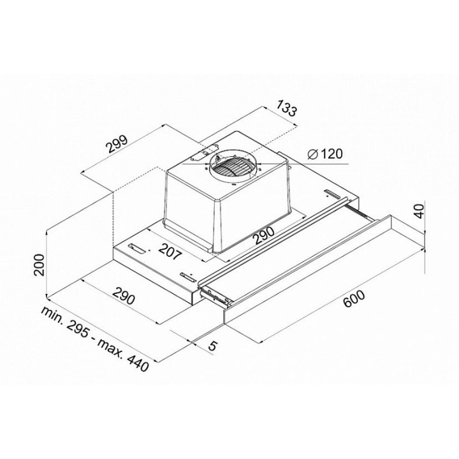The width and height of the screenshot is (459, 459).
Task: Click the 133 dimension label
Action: [287, 108]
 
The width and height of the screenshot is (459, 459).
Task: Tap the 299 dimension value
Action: [117, 143]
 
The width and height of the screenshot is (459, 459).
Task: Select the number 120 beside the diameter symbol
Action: [331, 154]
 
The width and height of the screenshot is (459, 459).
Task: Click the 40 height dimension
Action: [419, 211]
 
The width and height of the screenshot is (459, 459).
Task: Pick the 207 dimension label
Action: [170, 251]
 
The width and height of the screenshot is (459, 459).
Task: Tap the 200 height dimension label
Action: [39, 265]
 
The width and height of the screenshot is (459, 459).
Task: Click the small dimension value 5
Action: [212, 346]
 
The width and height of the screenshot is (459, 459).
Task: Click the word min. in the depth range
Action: [54, 316]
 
